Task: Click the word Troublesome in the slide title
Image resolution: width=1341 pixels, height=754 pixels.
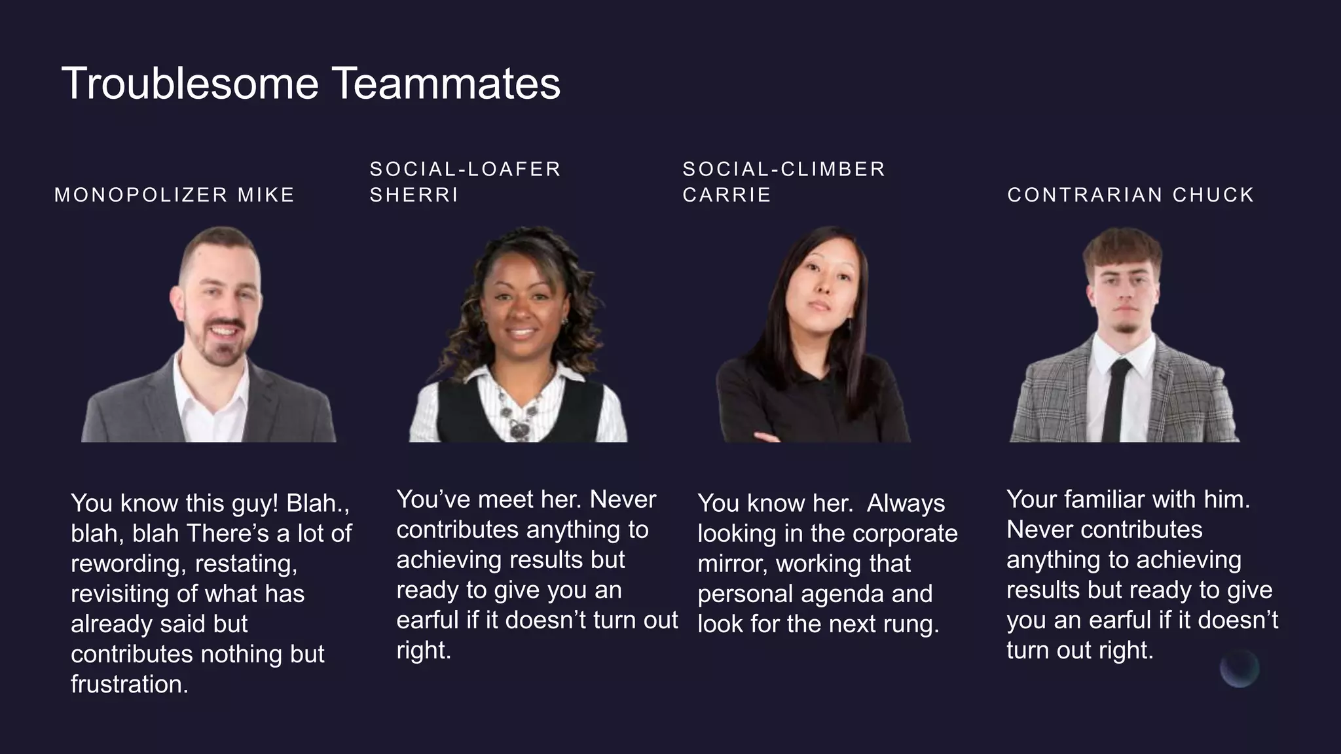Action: tap(190, 84)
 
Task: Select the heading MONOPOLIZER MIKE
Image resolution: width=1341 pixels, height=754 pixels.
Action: tap(174, 195)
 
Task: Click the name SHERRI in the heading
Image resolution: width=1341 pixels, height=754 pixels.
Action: tap(414, 195)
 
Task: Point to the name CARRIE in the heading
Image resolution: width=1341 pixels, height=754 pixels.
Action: tap(727, 195)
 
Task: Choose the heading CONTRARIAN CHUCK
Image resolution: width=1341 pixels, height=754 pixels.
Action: tap(1130, 195)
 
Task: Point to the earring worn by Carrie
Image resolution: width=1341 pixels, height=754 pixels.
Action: tap(850, 325)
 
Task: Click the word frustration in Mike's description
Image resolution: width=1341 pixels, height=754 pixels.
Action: tap(130, 685)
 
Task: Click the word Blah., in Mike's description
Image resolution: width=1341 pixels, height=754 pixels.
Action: tap(318, 503)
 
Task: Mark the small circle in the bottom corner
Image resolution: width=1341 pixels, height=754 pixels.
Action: tap(1240, 668)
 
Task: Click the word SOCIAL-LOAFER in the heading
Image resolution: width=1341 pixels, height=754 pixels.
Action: tap(465, 169)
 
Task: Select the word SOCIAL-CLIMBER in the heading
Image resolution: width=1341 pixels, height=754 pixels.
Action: tap(783, 169)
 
